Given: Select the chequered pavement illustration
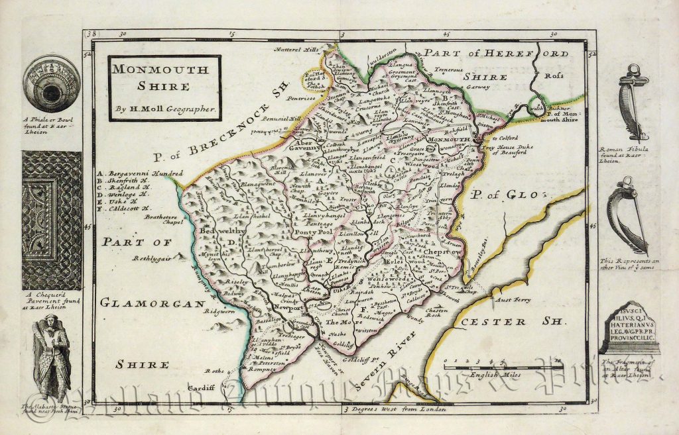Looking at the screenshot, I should click(x=52, y=220).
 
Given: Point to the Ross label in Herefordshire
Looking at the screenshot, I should click(x=553, y=75).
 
